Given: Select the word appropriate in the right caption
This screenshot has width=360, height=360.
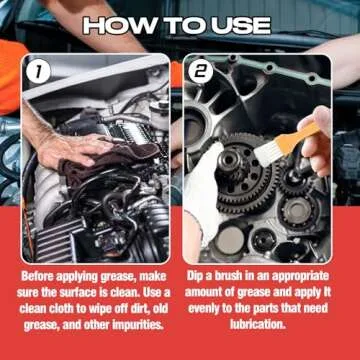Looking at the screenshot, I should click(297, 274).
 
